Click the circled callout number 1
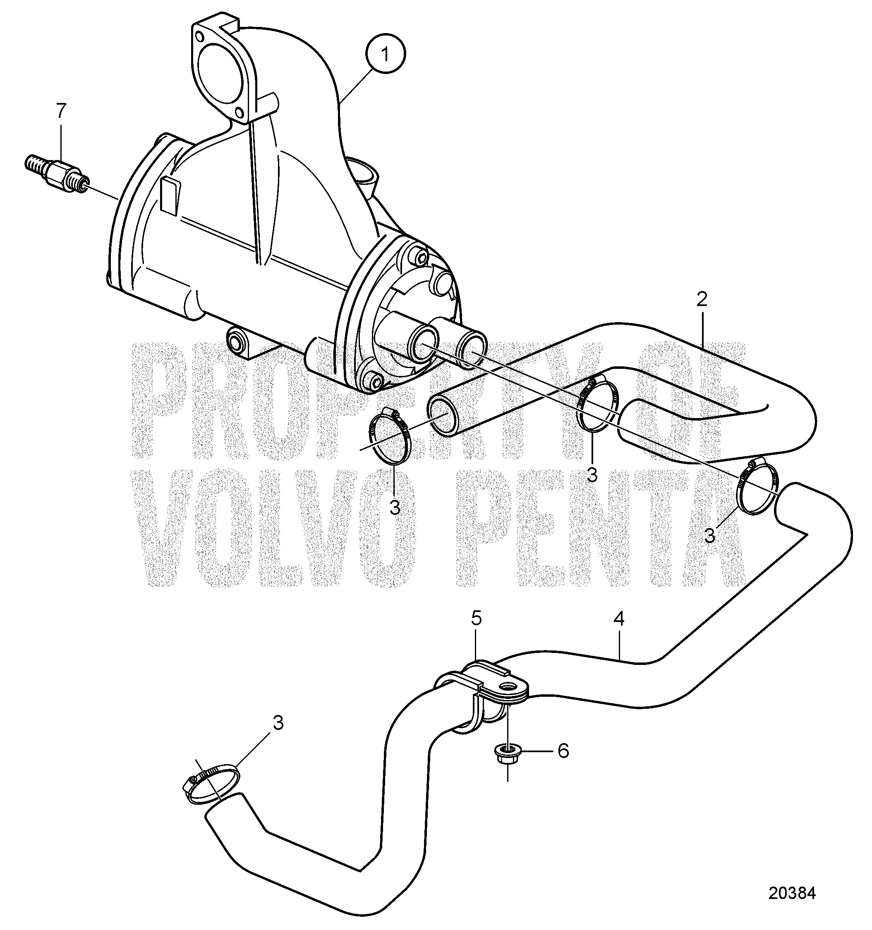click(x=385, y=55)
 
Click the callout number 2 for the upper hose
click(x=701, y=300)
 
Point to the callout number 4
click(x=619, y=619)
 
